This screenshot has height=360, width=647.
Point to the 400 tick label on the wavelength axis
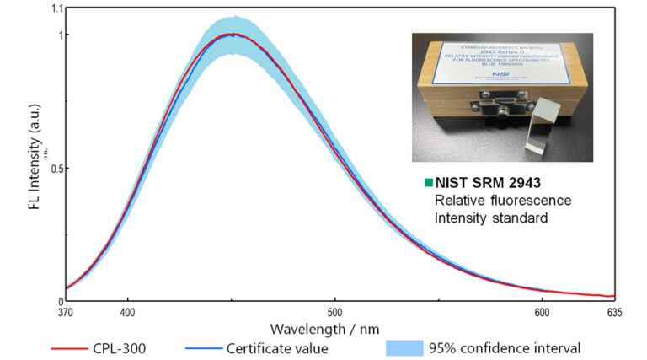[x=128, y=313]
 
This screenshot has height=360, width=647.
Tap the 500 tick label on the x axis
[x=335, y=313]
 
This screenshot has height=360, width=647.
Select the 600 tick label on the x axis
[x=543, y=313]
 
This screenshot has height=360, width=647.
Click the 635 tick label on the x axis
[x=614, y=313]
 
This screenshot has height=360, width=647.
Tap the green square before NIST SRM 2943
[x=428, y=181]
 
